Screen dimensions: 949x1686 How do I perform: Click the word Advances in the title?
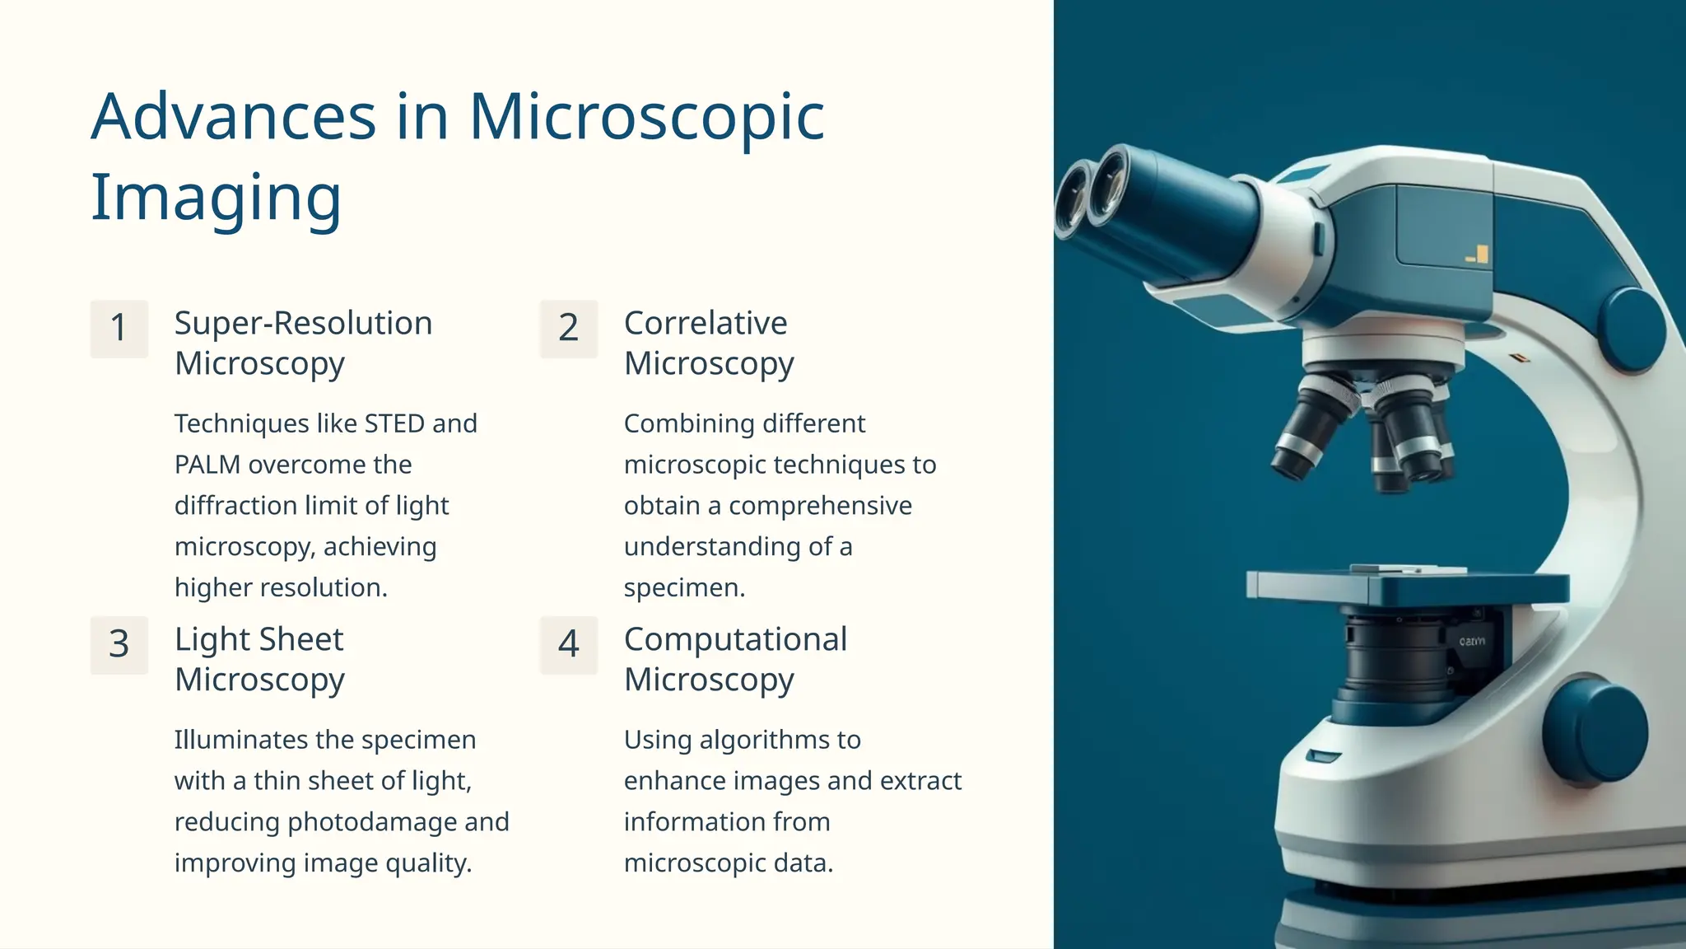click(234, 117)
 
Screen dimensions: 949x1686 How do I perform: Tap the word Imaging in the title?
click(216, 198)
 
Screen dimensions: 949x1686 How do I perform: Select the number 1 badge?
click(119, 329)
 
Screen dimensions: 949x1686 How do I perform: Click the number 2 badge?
click(569, 329)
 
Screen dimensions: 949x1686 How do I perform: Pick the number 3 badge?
click(119, 645)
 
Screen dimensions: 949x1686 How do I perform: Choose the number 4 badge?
click(569, 645)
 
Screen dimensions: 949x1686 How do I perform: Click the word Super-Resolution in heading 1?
click(303, 323)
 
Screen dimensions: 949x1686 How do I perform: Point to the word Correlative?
click(706, 323)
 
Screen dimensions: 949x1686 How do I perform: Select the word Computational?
click(735, 639)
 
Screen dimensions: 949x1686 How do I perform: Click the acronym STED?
click(394, 423)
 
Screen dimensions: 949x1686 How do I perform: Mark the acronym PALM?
click(207, 465)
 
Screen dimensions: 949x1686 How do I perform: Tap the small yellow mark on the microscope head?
click(1479, 255)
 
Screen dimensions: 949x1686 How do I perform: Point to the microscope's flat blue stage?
click(1408, 587)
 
